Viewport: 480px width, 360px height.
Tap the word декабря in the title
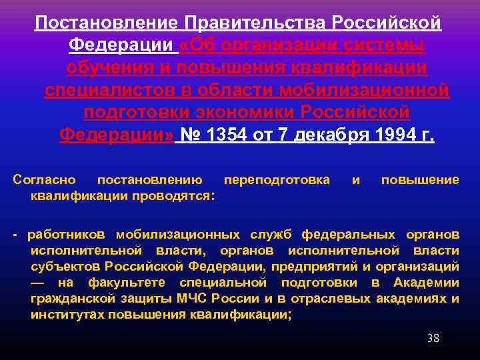click(x=313, y=136)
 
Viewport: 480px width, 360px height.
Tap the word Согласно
click(x=44, y=180)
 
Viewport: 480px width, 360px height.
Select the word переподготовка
click(x=277, y=180)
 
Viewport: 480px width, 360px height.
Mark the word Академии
click(x=427, y=283)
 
